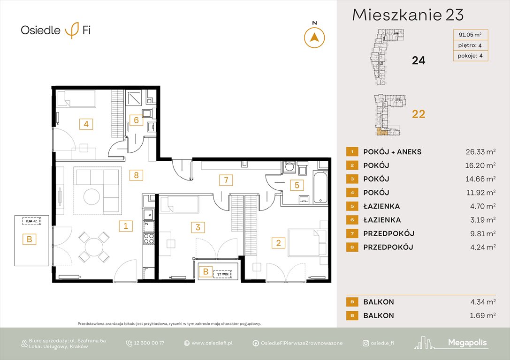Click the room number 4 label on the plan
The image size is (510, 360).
tap(86, 124)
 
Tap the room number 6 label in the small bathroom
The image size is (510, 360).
tap(136, 120)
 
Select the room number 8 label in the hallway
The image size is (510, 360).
tap(136, 175)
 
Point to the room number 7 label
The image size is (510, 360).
tap(226, 179)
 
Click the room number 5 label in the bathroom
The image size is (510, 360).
tap(296, 185)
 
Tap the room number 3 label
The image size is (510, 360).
tap(198, 228)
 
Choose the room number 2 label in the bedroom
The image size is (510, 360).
tap(278, 243)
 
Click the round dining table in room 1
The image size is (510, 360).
tap(95, 247)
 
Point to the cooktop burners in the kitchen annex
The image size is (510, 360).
tap(149, 238)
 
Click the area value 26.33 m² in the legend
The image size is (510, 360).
tap(478, 152)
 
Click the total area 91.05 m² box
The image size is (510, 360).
tap(470, 34)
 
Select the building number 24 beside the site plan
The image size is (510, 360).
tap(418, 60)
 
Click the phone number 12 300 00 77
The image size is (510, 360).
tap(149, 343)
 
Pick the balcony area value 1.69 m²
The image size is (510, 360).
tap(480, 315)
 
